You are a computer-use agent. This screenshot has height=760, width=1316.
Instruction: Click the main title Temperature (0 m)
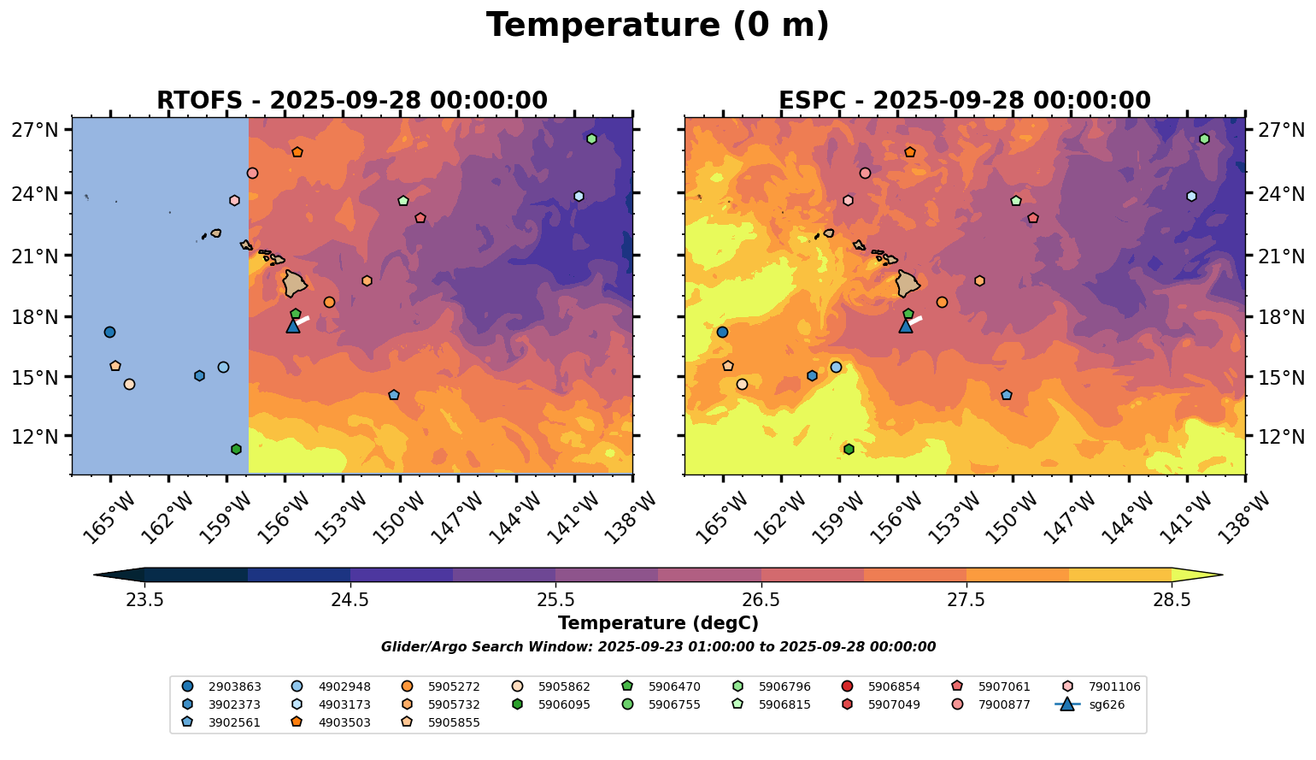(657, 25)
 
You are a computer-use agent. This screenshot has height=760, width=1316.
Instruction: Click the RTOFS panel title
(351, 101)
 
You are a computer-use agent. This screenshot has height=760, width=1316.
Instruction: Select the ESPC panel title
(964, 101)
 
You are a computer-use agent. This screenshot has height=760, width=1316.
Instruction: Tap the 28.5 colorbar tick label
(1172, 600)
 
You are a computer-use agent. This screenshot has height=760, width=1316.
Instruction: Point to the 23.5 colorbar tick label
(144, 600)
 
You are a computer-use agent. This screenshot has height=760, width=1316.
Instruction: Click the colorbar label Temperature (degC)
(657, 623)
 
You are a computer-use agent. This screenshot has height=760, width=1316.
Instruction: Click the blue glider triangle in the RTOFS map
(293, 326)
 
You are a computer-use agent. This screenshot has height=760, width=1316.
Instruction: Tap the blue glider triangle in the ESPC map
(906, 326)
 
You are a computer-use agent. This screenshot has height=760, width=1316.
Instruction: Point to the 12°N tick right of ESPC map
(1282, 437)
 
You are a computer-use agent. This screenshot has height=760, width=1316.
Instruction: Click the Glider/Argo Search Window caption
(657, 647)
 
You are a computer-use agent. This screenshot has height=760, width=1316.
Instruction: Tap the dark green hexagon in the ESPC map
(849, 450)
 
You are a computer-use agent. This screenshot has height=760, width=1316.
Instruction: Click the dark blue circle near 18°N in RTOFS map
(109, 333)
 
